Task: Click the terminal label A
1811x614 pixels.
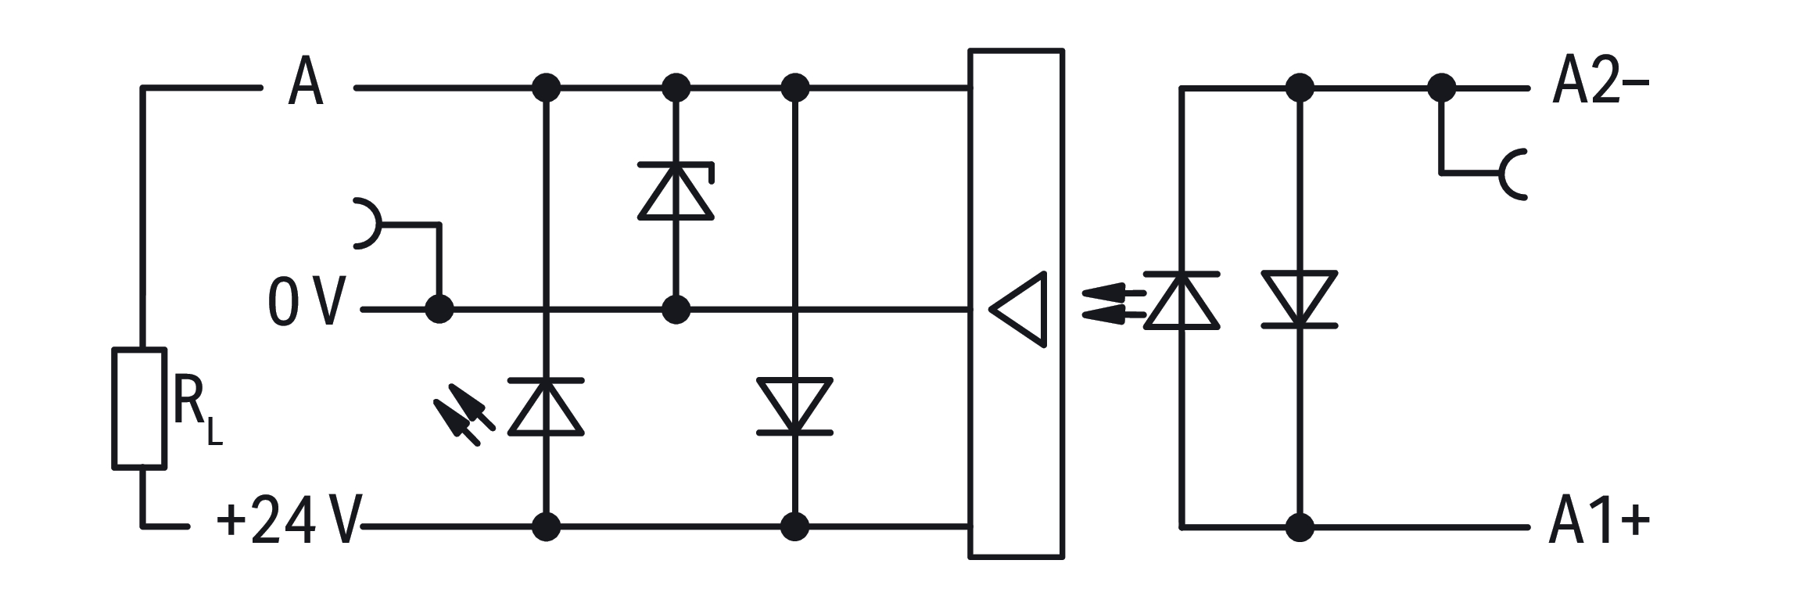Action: pos(306,82)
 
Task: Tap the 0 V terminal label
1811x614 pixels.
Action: pos(306,302)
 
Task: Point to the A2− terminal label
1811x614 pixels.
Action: pos(1600,82)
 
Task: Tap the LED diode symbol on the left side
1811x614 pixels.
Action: pos(546,406)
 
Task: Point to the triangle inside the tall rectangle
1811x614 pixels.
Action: pos(1019,309)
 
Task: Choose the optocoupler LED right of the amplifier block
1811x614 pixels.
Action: pos(1182,300)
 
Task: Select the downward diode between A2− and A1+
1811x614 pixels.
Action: pos(1300,299)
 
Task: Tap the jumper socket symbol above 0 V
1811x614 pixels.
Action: pos(368,224)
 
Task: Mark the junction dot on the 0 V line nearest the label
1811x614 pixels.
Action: pos(439,309)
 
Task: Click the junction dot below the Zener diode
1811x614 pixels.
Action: pos(676,309)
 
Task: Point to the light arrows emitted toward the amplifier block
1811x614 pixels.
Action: pos(1113,305)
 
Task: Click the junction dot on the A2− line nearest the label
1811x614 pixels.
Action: pos(1441,88)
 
